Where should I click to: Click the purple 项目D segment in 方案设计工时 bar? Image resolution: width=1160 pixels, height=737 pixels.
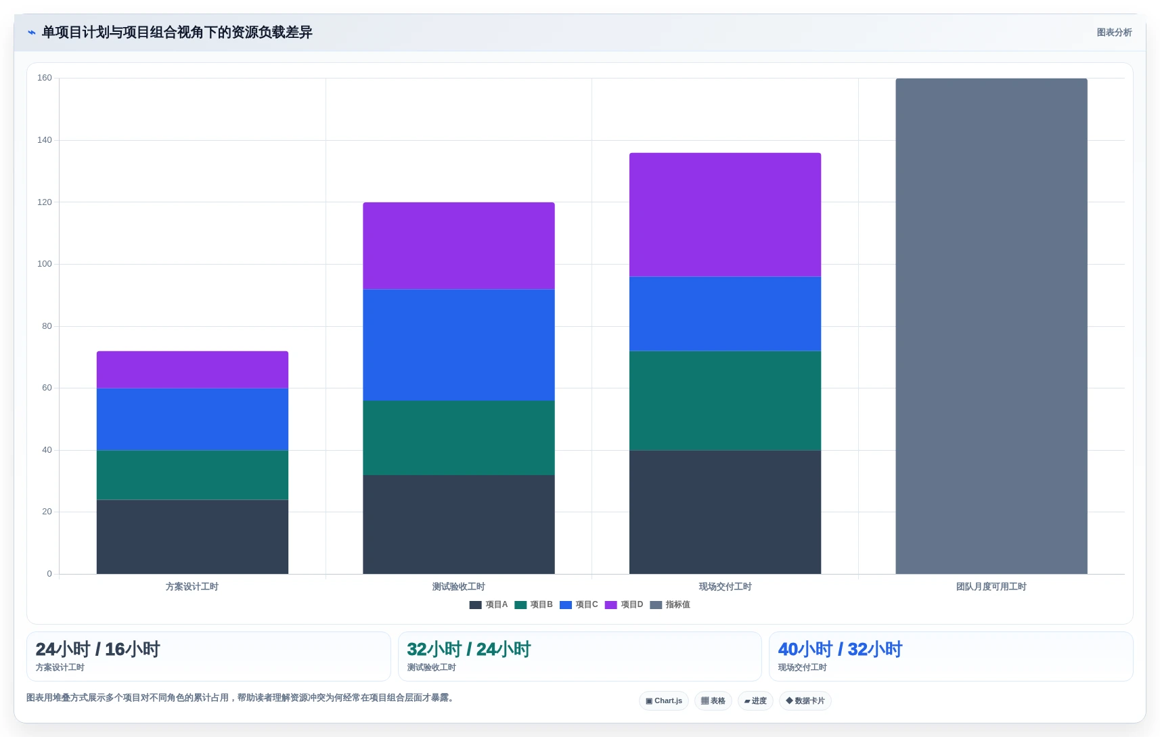(192, 370)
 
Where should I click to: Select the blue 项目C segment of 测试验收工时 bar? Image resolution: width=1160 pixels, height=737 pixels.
(458, 345)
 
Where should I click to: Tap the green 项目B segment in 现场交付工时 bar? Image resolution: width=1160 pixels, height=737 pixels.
(725, 401)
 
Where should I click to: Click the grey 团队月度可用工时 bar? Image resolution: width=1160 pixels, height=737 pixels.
(991, 326)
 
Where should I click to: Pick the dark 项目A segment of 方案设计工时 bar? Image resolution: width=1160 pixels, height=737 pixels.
(192, 537)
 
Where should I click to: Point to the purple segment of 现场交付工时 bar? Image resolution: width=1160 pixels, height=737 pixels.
(725, 215)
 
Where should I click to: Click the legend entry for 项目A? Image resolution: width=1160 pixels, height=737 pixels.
(489, 604)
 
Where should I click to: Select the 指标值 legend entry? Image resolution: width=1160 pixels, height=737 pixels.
(669, 604)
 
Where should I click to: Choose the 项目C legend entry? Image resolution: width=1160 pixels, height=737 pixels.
(579, 604)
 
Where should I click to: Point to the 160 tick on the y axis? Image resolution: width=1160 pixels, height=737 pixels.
(45, 78)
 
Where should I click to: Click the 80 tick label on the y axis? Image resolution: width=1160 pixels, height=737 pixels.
(47, 326)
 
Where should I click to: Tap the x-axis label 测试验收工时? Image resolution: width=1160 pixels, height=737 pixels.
(458, 586)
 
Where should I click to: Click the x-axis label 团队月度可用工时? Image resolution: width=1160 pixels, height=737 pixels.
(991, 586)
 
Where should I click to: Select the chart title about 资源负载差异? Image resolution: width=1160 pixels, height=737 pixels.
(177, 32)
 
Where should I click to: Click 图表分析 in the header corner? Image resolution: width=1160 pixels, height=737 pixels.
(1114, 32)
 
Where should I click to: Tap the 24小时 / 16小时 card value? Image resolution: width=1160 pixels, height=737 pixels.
(98, 649)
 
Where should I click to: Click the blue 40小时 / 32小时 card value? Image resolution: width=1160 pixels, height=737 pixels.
(840, 649)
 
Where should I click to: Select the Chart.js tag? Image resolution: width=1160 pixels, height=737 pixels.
(664, 700)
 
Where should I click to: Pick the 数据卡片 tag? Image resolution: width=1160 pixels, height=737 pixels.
(805, 700)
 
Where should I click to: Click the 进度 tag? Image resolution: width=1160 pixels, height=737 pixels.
(755, 700)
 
